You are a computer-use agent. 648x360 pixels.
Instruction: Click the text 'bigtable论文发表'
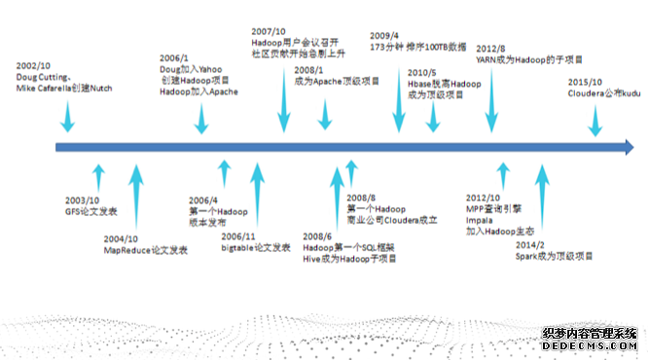256,247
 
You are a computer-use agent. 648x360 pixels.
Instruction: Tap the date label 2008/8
364,197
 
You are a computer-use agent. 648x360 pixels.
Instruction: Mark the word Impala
479,219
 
